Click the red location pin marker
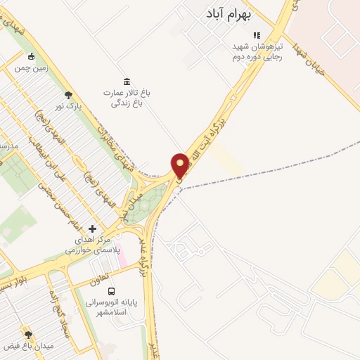(x=181, y=166)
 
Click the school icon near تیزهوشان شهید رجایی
(x=257, y=35)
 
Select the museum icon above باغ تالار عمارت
(x=126, y=81)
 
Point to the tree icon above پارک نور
(x=68, y=95)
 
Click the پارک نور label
(x=70, y=106)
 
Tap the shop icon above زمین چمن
(x=31, y=57)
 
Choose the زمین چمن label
(x=32, y=67)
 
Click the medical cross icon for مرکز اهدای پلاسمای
(x=92, y=229)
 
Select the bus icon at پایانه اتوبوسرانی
(x=112, y=290)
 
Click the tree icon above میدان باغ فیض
(x=28, y=335)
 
